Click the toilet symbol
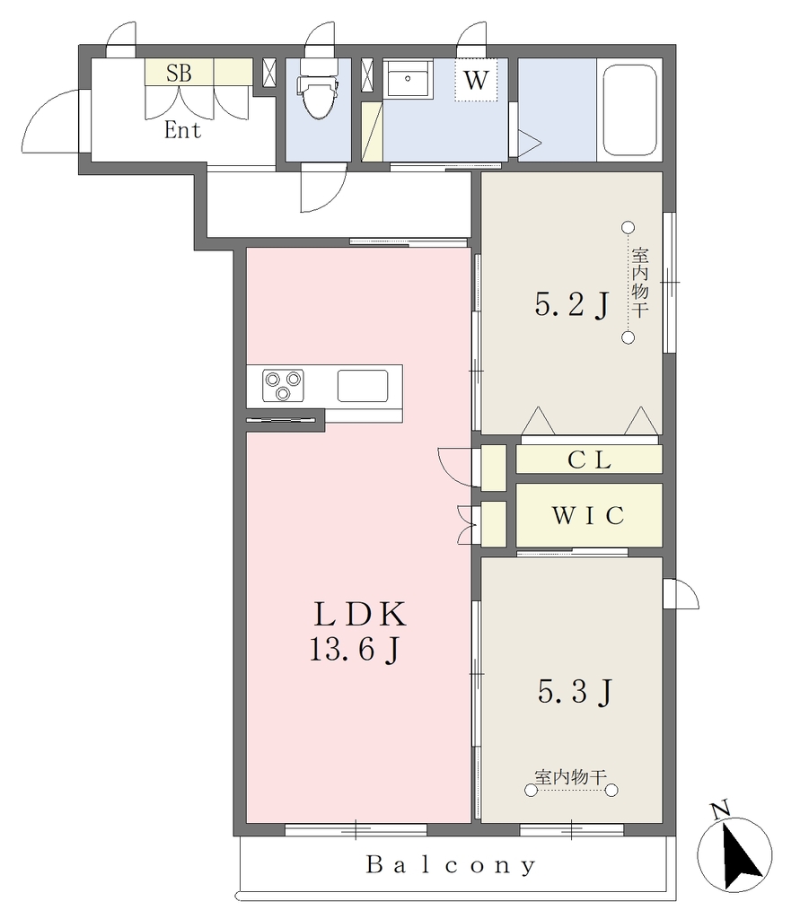tap(319, 88)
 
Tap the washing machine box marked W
tap(476, 80)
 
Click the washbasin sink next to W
tap(407, 78)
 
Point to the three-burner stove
tap(284, 386)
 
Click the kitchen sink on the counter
tap(363, 386)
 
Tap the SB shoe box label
tap(179, 73)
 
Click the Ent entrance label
tap(182, 130)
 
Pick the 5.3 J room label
tap(575, 692)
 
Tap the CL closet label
tap(589, 460)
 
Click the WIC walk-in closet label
tap(588, 516)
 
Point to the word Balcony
tap(451, 865)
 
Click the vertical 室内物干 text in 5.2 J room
tap(640, 283)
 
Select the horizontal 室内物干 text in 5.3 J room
tap(570, 777)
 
